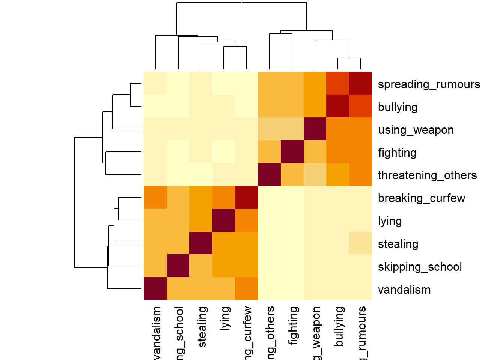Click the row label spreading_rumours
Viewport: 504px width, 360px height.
429,84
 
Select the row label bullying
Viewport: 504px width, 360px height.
397,107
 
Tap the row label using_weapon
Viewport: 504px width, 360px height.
415,130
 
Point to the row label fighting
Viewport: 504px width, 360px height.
397,153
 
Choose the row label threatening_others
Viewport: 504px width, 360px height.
427,175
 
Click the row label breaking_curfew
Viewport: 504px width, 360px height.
421,198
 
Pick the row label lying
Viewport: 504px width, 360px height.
390,221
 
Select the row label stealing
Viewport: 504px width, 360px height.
398,244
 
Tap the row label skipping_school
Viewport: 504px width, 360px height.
420,267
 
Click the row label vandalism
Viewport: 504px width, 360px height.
404,290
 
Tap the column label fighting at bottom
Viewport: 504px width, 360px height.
294,325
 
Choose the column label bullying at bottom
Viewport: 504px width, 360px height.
339,326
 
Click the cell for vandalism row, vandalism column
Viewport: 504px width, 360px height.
155,289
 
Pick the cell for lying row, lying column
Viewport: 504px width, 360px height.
223,220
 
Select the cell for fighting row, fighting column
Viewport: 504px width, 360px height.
292,151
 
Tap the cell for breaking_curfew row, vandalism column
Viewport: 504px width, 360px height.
155,197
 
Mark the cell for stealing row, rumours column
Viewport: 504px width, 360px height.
361,243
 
